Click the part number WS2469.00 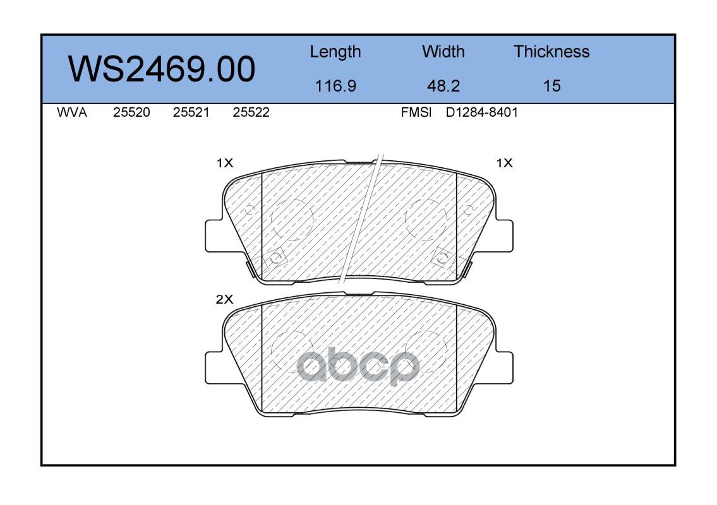point(162,69)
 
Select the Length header point(335,52)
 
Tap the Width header point(443,51)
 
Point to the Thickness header point(551,51)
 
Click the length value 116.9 point(335,86)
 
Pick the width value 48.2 point(443,86)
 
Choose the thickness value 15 point(552,86)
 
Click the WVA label point(72,112)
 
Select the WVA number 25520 point(131,112)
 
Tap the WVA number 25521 point(191,112)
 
